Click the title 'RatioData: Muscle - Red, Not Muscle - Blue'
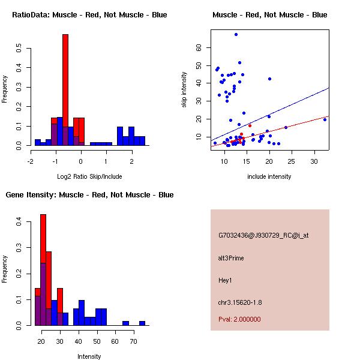coord(89,14)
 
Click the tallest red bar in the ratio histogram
coord(65,90)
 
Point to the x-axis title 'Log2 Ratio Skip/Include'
coord(89,176)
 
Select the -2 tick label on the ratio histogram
coord(31,161)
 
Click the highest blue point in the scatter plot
coord(236,34)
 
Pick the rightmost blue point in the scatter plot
coord(325,119)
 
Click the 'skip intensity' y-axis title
coord(185,89)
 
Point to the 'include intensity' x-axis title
coord(269,176)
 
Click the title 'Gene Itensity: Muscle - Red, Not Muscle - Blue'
coord(89,195)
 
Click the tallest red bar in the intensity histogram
coord(43,270)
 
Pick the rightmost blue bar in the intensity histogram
coord(142,323)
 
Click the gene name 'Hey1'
coord(225,280)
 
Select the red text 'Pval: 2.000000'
coord(239,319)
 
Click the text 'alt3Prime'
coord(231,258)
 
